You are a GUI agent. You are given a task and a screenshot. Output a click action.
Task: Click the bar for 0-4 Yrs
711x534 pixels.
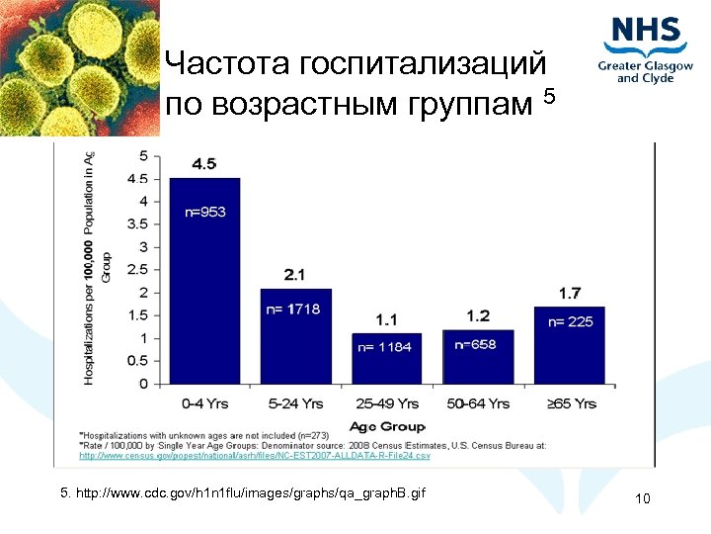[x=204, y=281]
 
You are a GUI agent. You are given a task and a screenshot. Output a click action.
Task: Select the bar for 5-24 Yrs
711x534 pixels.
[x=296, y=336]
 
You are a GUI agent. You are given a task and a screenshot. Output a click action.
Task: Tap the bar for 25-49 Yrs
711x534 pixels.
[x=387, y=359]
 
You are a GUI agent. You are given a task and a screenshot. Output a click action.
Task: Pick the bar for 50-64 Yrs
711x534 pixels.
[x=478, y=357]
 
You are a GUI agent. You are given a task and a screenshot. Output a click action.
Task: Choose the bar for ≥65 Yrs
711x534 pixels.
[x=570, y=345]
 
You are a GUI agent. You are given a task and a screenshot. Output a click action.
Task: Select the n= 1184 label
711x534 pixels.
[x=384, y=347]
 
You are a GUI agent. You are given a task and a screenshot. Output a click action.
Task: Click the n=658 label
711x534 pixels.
[x=476, y=344]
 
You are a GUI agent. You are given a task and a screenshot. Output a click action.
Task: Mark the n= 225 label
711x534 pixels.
[x=571, y=321]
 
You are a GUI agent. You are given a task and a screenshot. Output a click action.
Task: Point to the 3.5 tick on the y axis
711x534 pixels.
[x=137, y=223]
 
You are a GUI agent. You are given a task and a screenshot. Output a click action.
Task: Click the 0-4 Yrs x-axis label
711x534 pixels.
[x=204, y=403]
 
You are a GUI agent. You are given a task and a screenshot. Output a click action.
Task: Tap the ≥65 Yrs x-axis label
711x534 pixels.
[x=570, y=403]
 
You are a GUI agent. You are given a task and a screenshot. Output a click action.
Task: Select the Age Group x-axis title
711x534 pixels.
[x=387, y=426]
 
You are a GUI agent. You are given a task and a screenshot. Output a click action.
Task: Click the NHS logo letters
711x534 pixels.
[x=647, y=32]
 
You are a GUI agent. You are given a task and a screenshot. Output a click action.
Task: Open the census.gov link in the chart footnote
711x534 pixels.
[x=255, y=456]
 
